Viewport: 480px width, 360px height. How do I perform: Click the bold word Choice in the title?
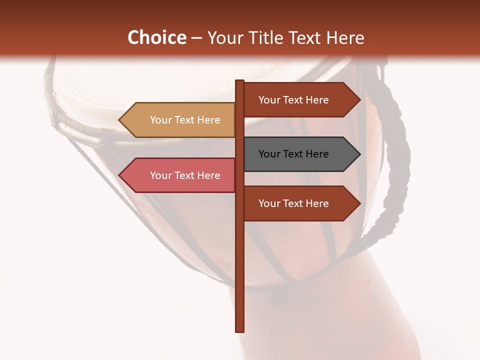156,37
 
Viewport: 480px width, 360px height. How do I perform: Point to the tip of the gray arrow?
359,154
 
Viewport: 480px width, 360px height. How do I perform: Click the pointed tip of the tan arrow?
120,120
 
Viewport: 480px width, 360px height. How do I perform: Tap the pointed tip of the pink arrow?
120,175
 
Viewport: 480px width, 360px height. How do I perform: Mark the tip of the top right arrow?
359,100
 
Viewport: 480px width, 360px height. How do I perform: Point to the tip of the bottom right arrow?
359,203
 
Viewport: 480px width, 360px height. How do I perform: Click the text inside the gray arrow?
293,154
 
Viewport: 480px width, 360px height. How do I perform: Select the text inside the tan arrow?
185,120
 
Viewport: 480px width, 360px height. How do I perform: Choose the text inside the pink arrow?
185,175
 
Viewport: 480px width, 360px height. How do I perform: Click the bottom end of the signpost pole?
239,330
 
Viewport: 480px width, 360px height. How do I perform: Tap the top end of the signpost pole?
239,81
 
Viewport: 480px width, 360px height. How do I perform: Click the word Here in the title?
345,37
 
